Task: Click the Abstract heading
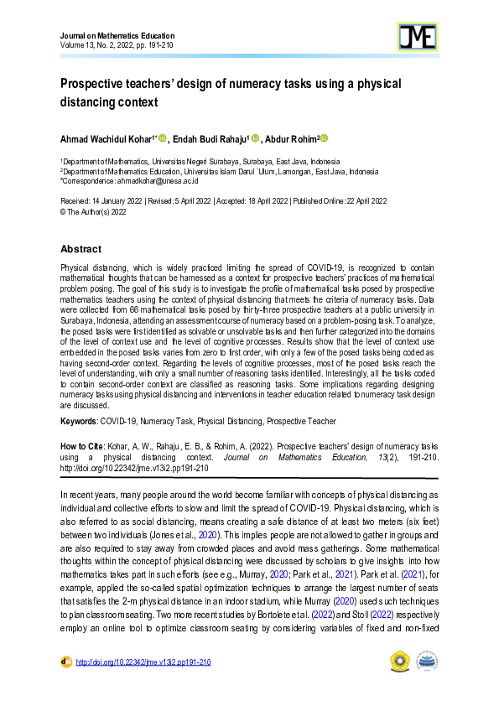81,249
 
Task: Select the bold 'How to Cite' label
83,446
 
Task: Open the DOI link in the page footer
143,662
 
